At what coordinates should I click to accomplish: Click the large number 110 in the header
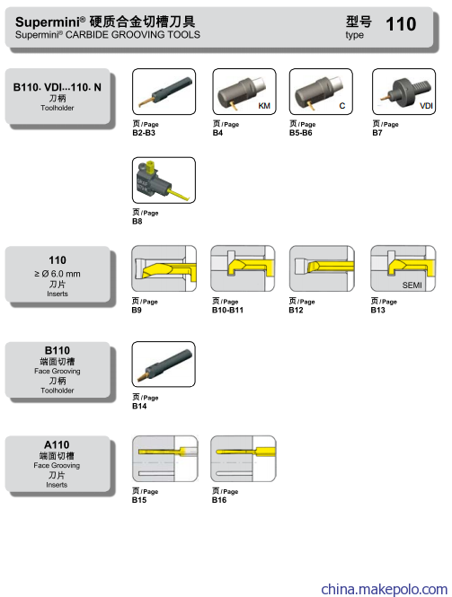tap(401, 24)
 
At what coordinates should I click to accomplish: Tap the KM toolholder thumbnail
tap(244, 92)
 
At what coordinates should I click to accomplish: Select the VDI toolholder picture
tap(403, 92)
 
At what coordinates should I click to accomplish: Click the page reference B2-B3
tap(144, 133)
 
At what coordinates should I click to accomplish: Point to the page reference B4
tap(217, 133)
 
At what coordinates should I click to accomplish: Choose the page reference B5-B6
tap(300, 133)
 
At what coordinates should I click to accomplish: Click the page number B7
tap(377, 133)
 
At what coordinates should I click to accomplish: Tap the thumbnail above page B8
tap(164, 180)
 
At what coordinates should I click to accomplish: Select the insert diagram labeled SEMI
tap(403, 268)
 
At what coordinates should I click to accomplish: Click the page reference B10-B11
tap(227, 310)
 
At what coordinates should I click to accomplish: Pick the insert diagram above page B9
tap(164, 268)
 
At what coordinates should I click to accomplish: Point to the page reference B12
tap(296, 310)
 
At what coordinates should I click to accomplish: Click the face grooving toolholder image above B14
tap(164, 364)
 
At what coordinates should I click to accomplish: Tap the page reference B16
tap(219, 500)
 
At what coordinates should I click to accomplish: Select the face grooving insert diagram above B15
tap(165, 459)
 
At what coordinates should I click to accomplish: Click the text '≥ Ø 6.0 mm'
tap(58, 274)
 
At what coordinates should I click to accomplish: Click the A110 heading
tap(57, 444)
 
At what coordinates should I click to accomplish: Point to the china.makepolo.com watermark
tap(385, 589)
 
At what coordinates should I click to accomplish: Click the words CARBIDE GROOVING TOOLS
tap(133, 35)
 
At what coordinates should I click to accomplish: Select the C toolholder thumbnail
tap(321, 92)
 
